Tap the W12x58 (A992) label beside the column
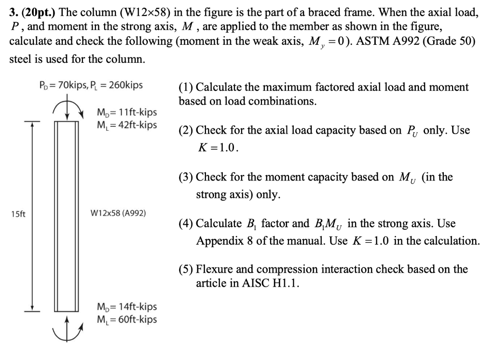(118, 213)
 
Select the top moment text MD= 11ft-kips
(127, 113)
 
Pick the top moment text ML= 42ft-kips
(127, 125)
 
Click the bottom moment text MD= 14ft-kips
(127, 307)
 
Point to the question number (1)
(186, 87)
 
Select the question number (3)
(186, 177)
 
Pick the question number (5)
(186, 269)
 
